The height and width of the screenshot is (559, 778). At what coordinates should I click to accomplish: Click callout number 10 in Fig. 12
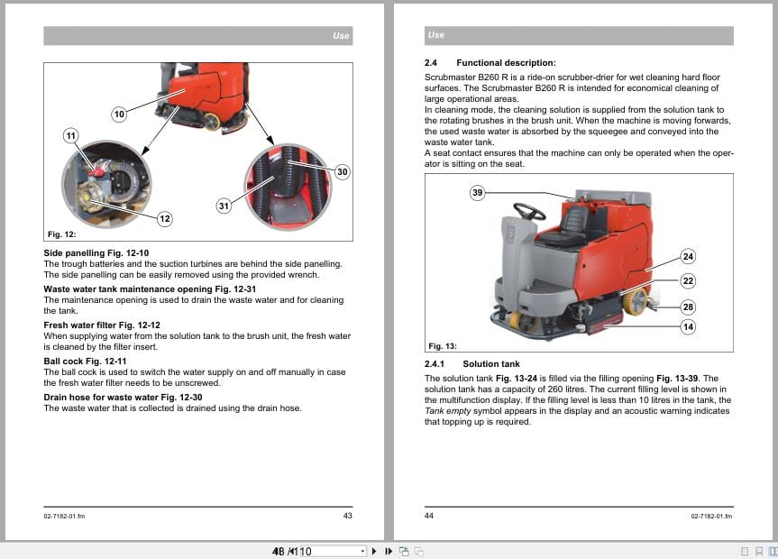119,114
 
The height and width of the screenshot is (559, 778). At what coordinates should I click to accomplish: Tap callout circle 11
71,135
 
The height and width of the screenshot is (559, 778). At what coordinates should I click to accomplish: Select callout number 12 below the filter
164,218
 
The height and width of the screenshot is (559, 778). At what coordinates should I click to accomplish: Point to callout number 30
342,171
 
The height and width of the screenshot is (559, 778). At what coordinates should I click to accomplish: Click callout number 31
224,206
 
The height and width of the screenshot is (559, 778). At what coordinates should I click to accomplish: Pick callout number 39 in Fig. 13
478,192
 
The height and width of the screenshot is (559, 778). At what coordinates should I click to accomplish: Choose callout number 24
688,256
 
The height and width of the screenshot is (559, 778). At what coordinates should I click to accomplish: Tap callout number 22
688,281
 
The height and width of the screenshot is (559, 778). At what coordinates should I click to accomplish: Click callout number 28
688,307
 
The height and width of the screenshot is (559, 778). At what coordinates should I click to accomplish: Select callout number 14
688,327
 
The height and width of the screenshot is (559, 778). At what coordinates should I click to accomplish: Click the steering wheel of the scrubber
529,213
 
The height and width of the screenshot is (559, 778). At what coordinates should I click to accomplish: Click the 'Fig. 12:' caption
61,234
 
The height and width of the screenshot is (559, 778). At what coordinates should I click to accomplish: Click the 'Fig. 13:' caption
442,345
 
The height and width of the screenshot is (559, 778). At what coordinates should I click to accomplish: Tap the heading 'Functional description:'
506,63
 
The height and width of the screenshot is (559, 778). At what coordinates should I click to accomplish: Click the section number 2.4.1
436,364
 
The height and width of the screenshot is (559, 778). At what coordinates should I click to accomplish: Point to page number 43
347,516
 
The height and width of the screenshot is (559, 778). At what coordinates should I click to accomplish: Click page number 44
429,516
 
